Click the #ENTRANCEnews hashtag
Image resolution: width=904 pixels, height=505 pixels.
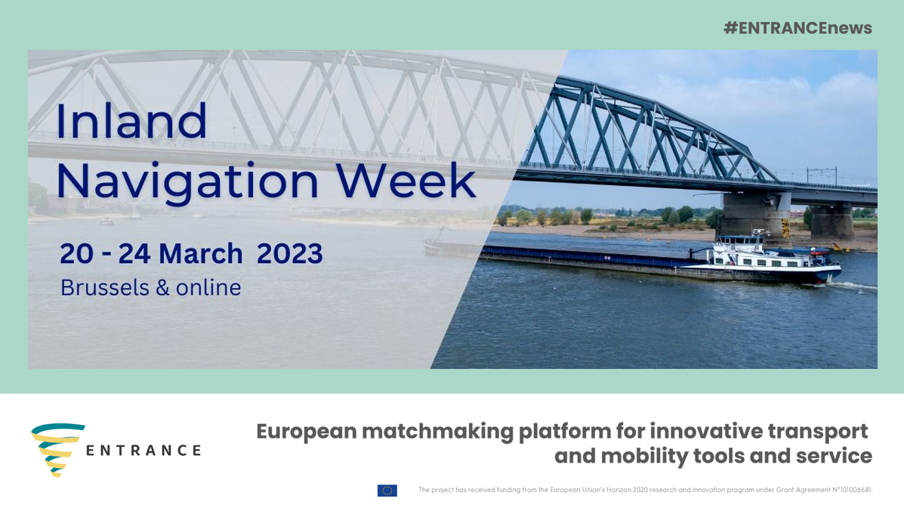click(x=798, y=28)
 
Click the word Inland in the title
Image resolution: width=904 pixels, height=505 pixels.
click(x=131, y=121)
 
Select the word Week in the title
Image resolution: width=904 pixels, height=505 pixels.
click(x=406, y=181)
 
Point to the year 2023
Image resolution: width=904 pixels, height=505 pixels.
click(x=289, y=254)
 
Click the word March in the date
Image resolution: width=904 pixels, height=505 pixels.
click(x=201, y=254)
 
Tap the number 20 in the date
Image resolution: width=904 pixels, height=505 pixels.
click(x=76, y=254)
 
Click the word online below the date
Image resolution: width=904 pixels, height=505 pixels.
click(x=208, y=287)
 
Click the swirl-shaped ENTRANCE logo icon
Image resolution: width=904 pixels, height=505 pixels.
click(x=58, y=450)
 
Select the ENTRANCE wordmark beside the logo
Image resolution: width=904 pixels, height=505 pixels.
click(x=143, y=450)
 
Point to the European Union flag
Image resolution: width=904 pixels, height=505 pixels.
click(x=387, y=490)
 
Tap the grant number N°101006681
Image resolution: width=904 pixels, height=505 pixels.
click(x=852, y=490)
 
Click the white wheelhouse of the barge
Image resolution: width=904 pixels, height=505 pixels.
click(x=761, y=256)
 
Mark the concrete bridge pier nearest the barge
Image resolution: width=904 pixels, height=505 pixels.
click(x=754, y=214)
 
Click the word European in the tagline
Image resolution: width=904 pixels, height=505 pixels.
click(x=306, y=431)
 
